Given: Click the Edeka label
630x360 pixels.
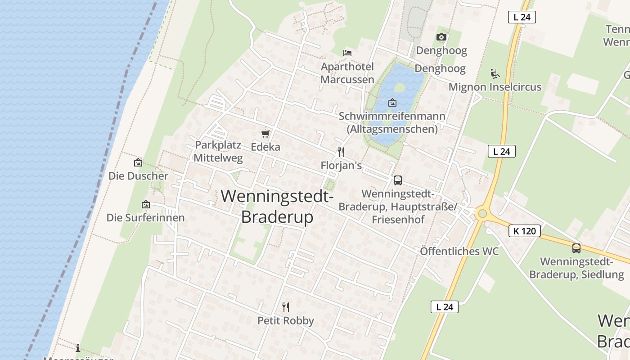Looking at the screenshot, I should pos(265,147).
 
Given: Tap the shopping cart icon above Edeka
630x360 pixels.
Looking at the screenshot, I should pos(265,134).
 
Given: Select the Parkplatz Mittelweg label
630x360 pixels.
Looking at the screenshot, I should pos(219,152).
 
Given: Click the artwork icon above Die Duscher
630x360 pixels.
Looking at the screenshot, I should pos(138,162).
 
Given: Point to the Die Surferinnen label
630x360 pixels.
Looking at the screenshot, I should pos(145,218).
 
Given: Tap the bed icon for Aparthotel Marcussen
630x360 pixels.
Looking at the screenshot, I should pos(347,53).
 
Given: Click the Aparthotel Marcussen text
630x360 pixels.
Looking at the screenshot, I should pos(347,73).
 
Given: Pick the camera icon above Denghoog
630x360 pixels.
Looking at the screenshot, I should pos(441,37).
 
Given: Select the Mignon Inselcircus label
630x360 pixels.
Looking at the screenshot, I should pos(495,87).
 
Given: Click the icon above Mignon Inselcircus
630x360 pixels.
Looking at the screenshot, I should pos(495,73).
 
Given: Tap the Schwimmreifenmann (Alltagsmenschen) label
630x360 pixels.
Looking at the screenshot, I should pos(392,122).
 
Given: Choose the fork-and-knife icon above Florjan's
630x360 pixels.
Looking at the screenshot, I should pos(341,152).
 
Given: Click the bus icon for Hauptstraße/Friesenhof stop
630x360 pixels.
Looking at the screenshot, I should pos(398,180).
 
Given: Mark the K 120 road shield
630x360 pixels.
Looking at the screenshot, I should pos(524,231).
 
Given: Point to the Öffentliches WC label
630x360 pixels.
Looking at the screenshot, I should pos(459,251).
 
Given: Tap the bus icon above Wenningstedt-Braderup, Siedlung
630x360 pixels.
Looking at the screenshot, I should pos(576,248).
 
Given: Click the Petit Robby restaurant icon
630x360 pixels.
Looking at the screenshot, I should pos(286,307).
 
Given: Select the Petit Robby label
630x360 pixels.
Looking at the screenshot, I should pos(286,321).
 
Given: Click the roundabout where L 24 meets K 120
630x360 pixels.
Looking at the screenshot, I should pos(482,213).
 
